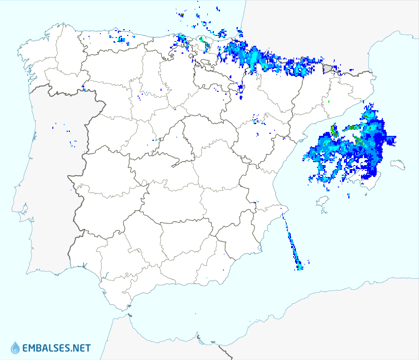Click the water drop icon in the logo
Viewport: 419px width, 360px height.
pyautogui.click(x=15, y=348)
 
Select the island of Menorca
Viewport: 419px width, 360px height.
pyautogui.click(x=398, y=164)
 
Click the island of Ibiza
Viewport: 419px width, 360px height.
pyautogui.click(x=322, y=201)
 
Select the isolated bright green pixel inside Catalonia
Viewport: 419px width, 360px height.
pyautogui.click(x=329, y=102)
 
